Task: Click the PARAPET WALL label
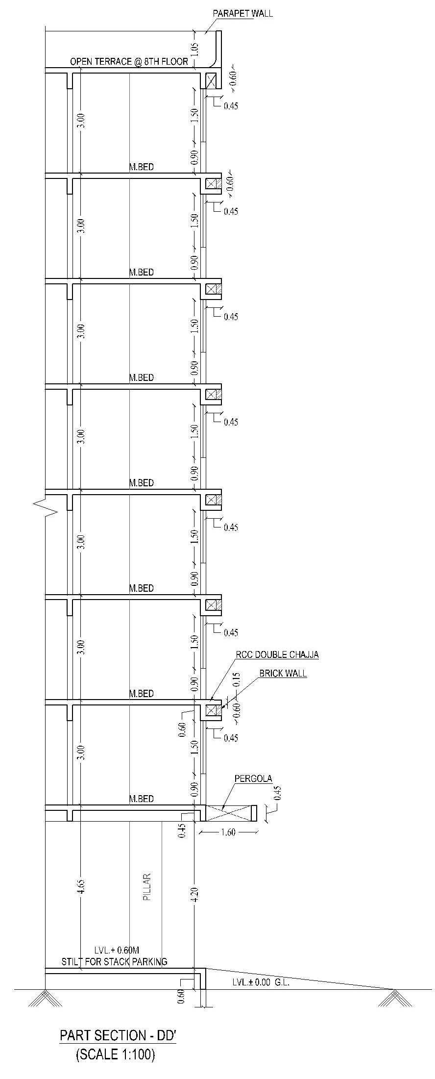pos(242,13)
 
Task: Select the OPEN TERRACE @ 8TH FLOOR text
pos(129,62)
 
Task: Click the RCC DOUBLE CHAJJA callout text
pos(277,654)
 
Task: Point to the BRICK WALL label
pos(283,673)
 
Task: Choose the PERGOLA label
pos(253,778)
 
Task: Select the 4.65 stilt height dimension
pos(82,887)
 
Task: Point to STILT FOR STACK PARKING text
pos(114,962)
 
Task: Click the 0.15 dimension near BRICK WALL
pos(237,678)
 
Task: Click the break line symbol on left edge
pos(46,508)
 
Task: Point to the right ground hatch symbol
pos(394,998)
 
